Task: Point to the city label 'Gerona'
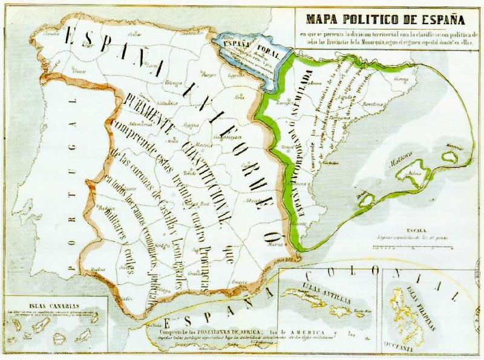point(385,79)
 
